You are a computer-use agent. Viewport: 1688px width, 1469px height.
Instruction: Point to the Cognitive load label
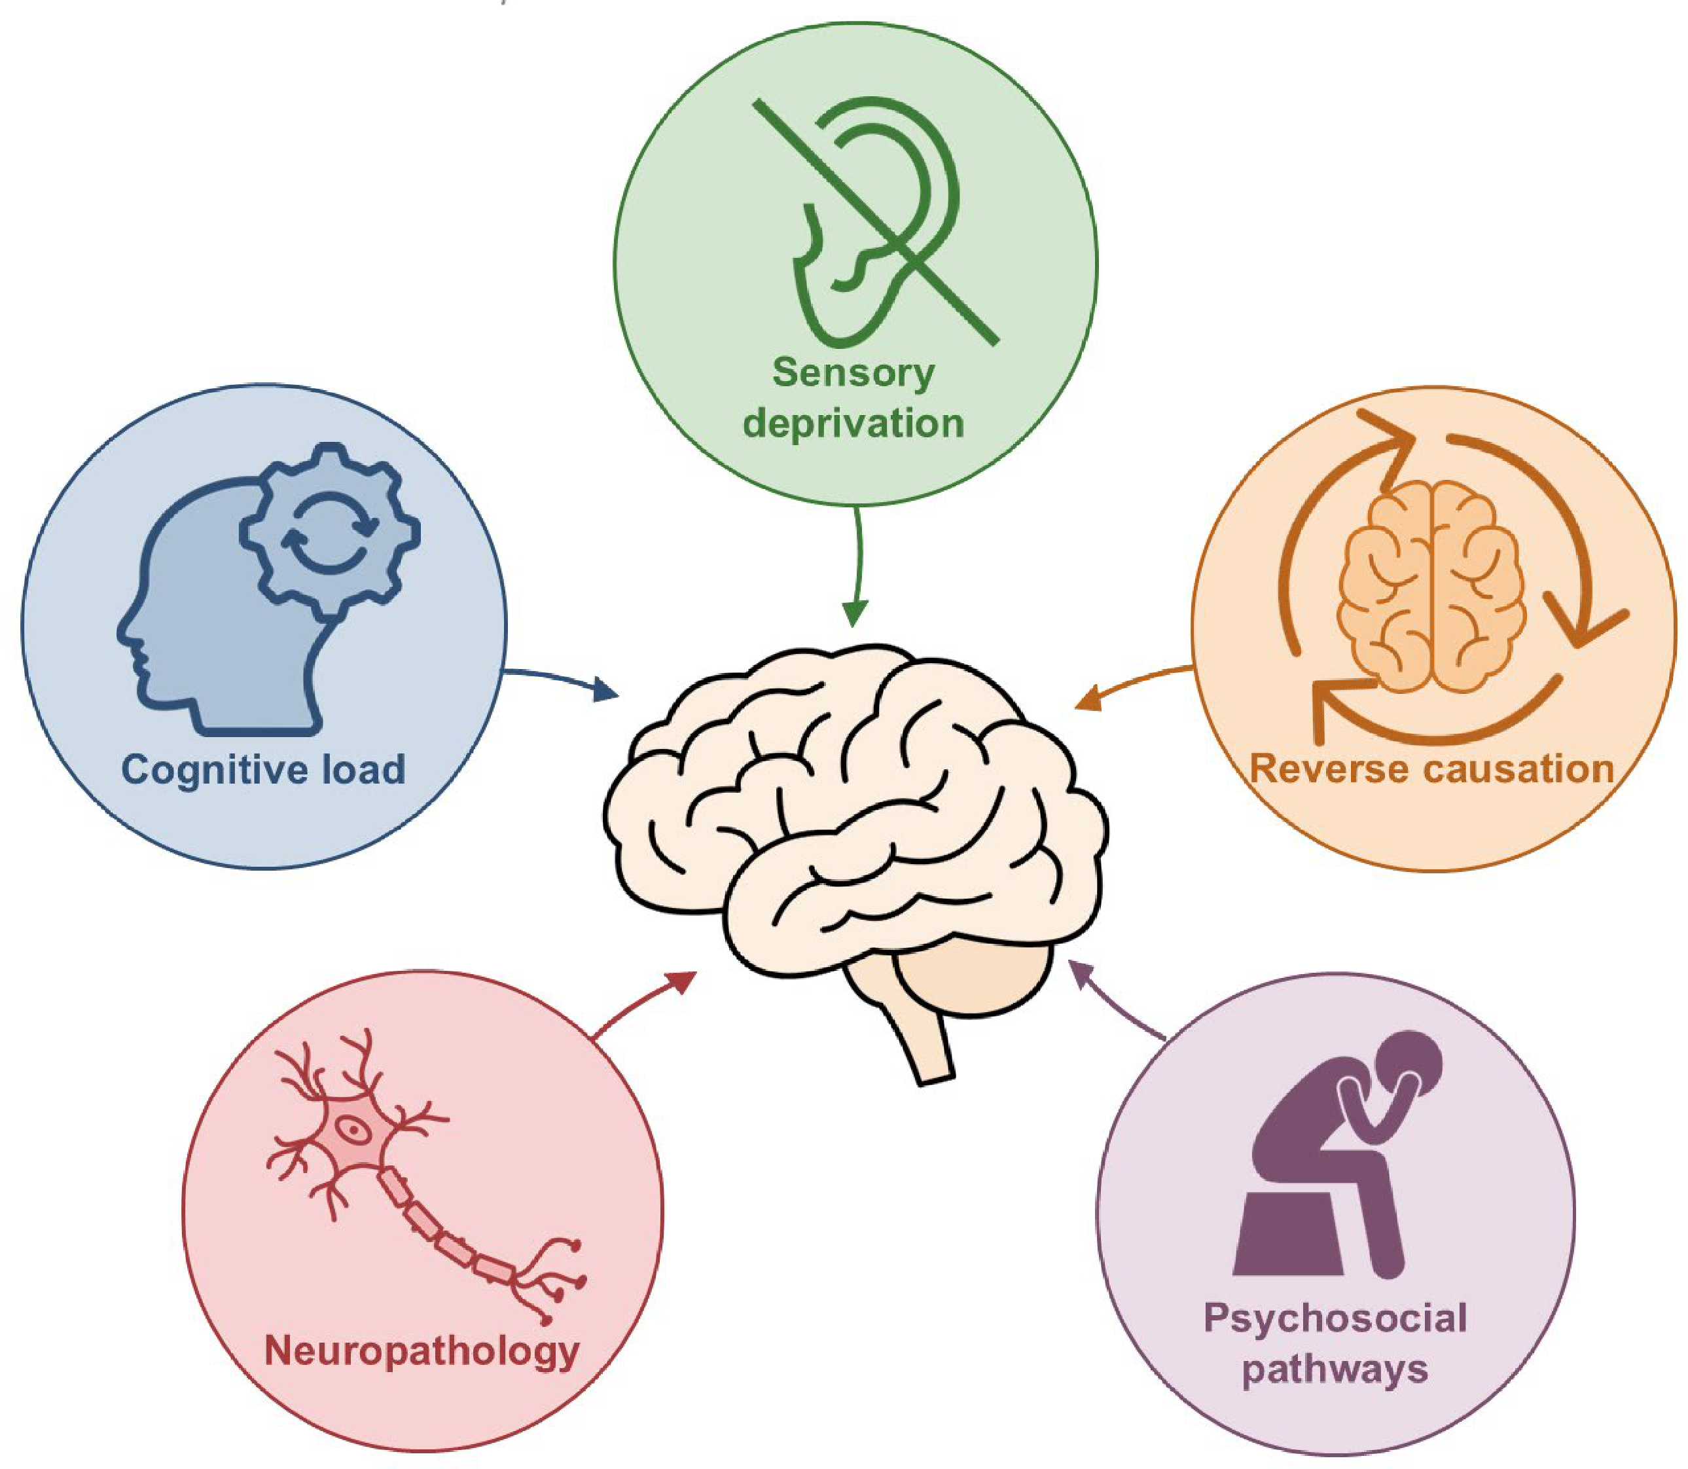263,770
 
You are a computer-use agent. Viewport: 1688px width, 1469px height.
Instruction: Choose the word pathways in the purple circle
1335,1369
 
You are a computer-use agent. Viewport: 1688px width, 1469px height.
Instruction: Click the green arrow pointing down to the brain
858,566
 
